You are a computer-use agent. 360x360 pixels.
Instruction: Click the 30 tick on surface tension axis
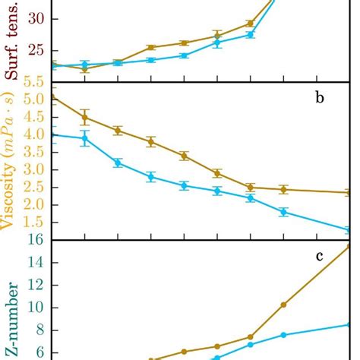pos(36,20)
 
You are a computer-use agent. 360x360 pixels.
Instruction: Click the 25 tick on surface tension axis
pos(36,51)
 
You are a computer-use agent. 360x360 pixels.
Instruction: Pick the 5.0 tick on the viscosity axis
pos(33,99)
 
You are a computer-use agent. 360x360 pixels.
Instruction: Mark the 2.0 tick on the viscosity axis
pos(33,205)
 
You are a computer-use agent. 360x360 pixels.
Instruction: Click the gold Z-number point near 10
pos(283,305)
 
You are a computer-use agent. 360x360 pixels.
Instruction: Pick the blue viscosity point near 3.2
pos(118,163)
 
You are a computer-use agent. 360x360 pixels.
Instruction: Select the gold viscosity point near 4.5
pos(85,117)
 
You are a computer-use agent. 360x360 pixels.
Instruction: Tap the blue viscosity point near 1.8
pos(283,212)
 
